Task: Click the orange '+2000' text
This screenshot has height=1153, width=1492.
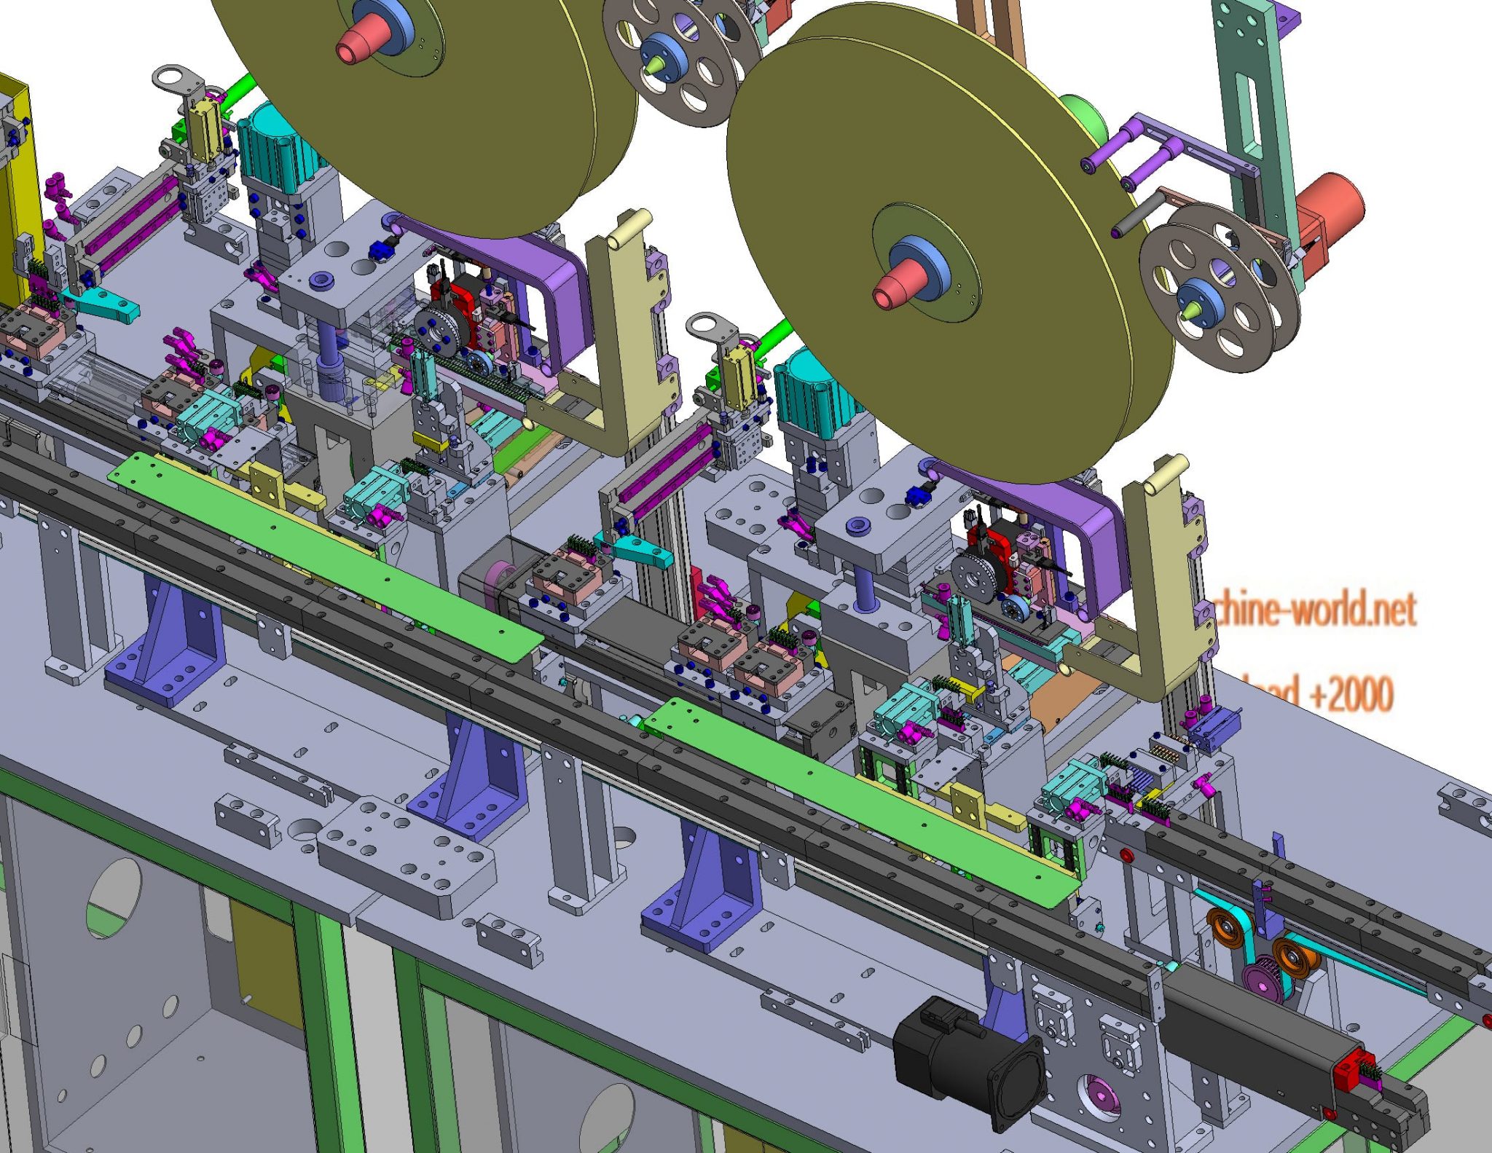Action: click(1352, 694)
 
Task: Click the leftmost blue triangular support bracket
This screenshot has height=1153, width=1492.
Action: click(168, 641)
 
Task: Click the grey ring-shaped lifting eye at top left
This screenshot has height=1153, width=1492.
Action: click(174, 76)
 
